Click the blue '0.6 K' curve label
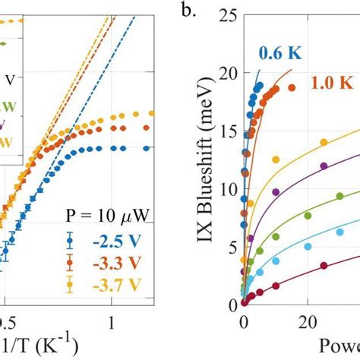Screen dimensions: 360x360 pos(279,54)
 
